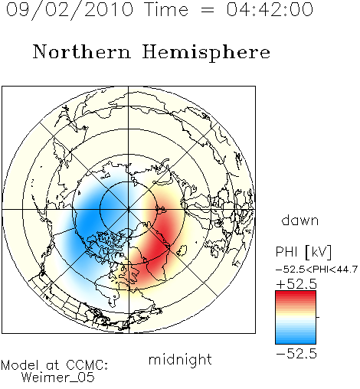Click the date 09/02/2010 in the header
(x=70, y=10)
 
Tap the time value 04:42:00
(x=270, y=9)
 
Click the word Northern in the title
(x=82, y=51)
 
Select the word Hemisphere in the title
(x=206, y=53)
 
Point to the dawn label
(x=300, y=220)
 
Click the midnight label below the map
(x=180, y=360)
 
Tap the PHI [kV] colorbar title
(x=303, y=252)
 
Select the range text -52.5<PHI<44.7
(x=316, y=270)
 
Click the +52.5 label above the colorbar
(x=296, y=284)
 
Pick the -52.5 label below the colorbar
(x=296, y=354)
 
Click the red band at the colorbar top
(x=296, y=294)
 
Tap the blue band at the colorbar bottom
(x=296, y=341)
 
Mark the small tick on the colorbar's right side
(x=318, y=317)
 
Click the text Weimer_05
(x=58, y=378)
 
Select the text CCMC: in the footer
(x=87, y=365)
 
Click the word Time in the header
(x=166, y=9)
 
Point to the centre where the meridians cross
(x=129, y=209)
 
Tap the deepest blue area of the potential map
(x=88, y=217)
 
